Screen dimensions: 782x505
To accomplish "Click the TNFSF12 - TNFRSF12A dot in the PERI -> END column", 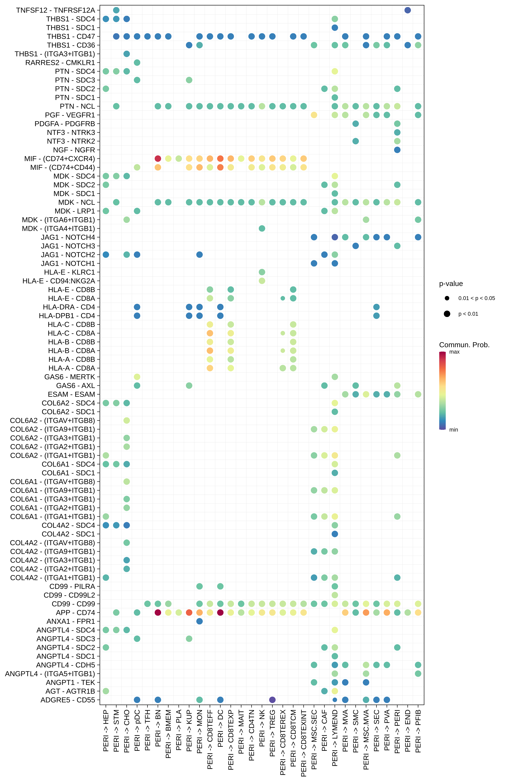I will tap(408, 10).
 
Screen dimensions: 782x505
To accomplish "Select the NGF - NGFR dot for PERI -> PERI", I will tap(397, 150).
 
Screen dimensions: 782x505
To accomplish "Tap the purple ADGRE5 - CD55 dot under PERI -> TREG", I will tap(272, 700).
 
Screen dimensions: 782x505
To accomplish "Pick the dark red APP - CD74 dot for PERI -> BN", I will tap(158, 612).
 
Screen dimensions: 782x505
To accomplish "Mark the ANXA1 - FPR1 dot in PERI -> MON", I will tap(199, 621).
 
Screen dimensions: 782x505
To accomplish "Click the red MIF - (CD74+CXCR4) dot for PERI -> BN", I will tap(158, 159).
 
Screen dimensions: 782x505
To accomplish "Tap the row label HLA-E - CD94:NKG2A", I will tap(59, 281).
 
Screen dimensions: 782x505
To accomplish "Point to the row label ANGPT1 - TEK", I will tap(70, 682).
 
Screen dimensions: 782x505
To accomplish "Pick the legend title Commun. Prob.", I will tap(464, 345).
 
